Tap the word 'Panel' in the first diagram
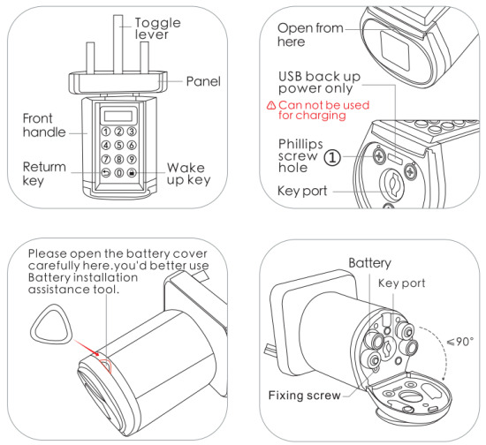203,81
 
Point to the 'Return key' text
45,172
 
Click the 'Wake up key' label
186,173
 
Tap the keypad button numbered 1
105,132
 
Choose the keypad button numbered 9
132,159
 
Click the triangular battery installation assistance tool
44,326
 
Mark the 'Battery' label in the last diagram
368,263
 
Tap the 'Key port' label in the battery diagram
402,283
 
